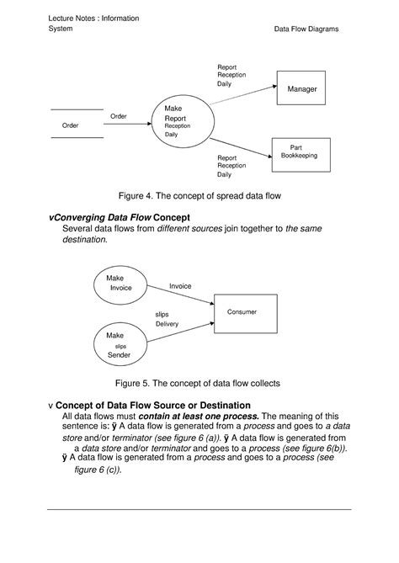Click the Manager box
(302, 88)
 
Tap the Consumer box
(242, 312)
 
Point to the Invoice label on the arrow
(180, 286)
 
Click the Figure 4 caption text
(199, 195)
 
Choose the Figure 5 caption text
(199, 383)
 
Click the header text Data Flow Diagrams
(306, 29)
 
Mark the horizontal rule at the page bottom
(199, 509)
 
